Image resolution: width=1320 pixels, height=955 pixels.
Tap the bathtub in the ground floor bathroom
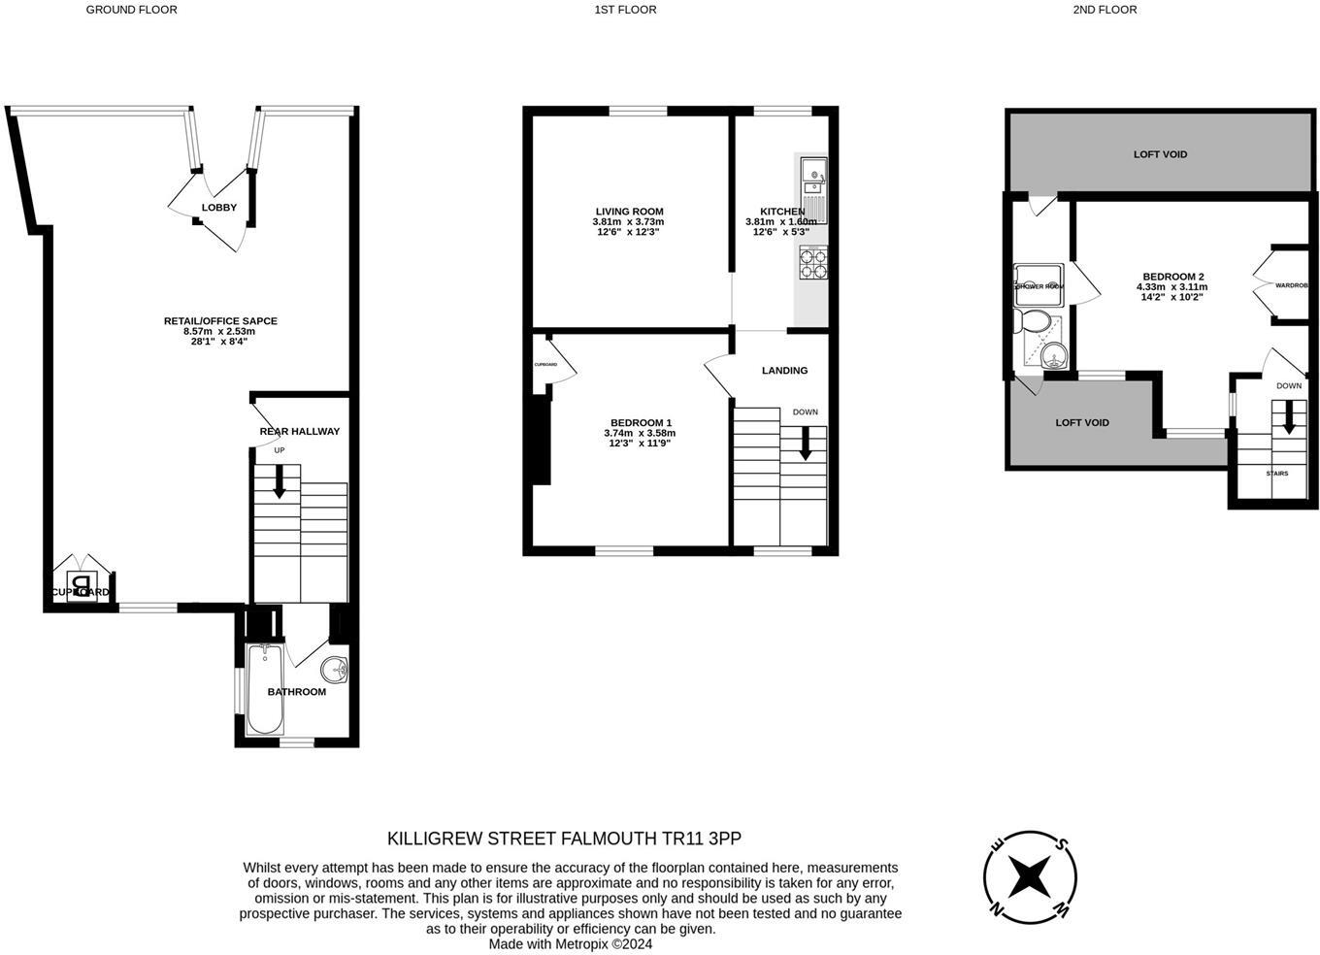[x=264, y=689]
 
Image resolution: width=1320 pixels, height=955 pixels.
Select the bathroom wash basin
[x=336, y=669]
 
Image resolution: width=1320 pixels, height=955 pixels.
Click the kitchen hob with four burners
[x=812, y=263]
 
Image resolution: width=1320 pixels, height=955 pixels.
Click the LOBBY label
[x=219, y=208]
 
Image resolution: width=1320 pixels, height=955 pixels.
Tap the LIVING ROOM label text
[x=629, y=212]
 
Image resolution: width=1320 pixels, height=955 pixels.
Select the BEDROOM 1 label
[x=640, y=422]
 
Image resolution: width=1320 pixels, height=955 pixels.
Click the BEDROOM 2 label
[x=1172, y=277]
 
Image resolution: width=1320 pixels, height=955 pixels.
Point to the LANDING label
[x=784, y=370]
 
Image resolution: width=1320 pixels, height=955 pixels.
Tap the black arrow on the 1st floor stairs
[x=806, y=444]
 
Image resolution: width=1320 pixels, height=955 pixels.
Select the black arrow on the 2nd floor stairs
[x=1289, y=418]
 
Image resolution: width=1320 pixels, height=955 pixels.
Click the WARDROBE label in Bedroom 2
[x=1291, y=285]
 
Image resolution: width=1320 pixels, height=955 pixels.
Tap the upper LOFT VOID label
[x=1160, y=154]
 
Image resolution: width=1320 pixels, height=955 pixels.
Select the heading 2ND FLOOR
[x=1105, y=10]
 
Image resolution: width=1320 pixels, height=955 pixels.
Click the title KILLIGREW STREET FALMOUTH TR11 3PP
[x=564, y=838]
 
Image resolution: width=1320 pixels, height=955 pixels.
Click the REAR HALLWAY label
[x=300, y=431]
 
